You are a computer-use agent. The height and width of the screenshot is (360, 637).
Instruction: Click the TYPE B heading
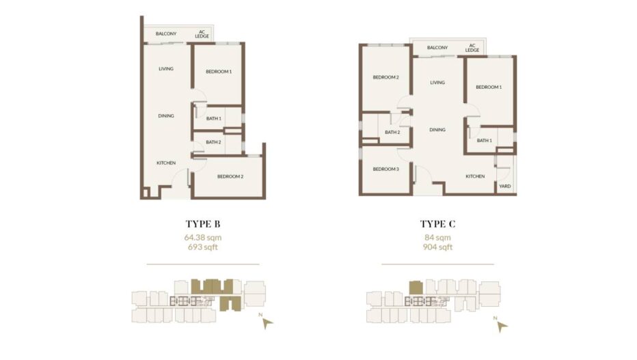point(203,223)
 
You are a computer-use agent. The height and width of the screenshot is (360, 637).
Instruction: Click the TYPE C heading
point(437,223)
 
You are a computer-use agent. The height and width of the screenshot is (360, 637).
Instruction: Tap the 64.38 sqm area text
point(203,238)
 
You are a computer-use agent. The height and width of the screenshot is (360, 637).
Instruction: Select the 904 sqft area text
point(437,247)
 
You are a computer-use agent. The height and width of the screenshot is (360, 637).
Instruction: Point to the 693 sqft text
point(203,247)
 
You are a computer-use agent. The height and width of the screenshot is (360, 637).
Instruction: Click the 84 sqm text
point(437,238)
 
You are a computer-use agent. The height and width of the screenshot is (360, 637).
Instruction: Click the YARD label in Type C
point(505,186)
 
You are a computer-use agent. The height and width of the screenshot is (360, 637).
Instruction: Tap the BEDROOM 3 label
point(386,169)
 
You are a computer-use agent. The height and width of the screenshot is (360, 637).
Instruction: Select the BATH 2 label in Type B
point(213,142)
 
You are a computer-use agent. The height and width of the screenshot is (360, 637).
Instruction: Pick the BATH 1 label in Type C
point(485,141)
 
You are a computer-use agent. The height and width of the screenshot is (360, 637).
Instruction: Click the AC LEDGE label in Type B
point(202,34)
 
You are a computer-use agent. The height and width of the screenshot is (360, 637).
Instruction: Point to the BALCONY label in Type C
point(437,48)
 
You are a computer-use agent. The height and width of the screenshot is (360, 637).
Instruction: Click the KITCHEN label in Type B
point(166,163)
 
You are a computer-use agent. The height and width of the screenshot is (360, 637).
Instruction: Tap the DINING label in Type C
point(437,130)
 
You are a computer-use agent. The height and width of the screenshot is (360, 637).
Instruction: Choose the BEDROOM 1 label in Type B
point(219,72)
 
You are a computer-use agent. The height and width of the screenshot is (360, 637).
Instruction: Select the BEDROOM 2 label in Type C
point(386,77)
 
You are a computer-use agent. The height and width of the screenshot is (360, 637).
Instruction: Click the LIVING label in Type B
point(166,68)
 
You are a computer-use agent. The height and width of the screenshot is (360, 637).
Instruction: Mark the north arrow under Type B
point(267,323)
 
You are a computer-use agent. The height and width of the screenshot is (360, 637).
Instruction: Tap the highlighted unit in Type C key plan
point(416,288)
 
